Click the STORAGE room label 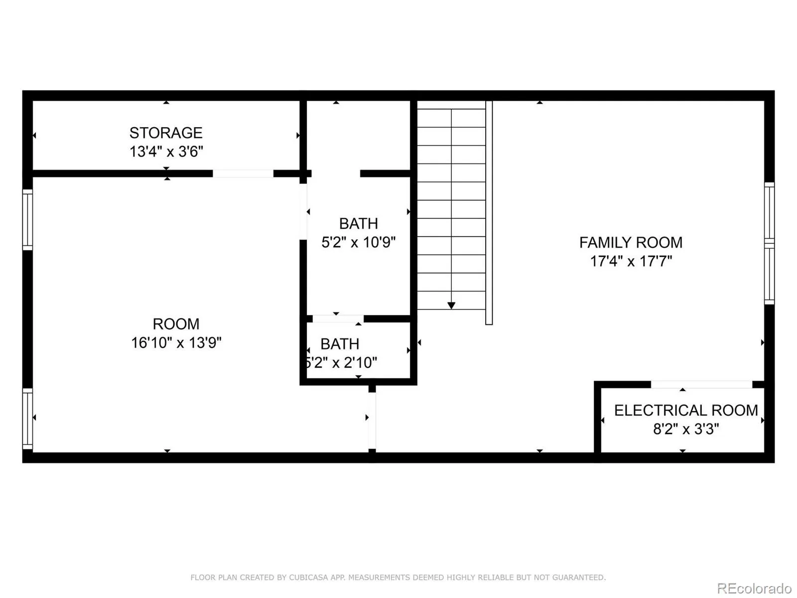pos(166,133)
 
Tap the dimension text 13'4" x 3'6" pos(166,151)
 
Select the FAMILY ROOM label pos(631,243)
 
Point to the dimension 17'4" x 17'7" pos(631,261)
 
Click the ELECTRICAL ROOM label pos(686,410)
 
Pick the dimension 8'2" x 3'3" pos(686,429)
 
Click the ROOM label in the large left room pos(176,324)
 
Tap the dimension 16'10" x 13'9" pos(176,342)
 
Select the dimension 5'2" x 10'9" pos(358,242)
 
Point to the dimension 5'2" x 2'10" pos(341,362)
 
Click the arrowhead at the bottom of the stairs pos(451,305)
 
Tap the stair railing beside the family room pos(489,213)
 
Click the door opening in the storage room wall pos(243,173)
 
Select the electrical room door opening pos(701,385)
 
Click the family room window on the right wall pos(770,243)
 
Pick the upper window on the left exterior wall pos(27,220)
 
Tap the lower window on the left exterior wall pos(27,419)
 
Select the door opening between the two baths pos(338,319)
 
